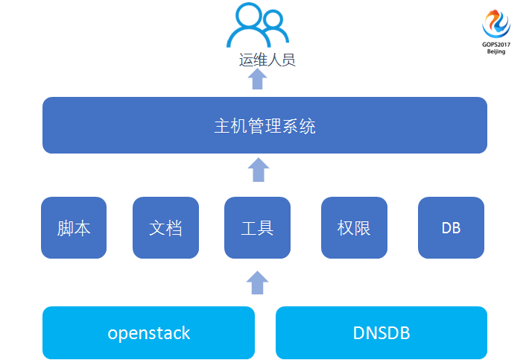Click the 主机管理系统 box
pos(265,125)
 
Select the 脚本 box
pos(74,227)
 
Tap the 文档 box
pos(165,227)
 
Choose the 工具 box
pos(257,227)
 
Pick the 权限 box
pos(354,227)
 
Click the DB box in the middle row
pos(451,227)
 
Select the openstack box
pos(148,332)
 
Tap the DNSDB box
pos(381,332)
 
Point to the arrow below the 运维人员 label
pos(258,79)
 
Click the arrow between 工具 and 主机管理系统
pos(258,170)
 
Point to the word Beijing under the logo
pos(496,51)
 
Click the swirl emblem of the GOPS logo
pos(496,22)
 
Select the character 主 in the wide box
pos(222,126)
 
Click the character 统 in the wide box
pos(308,126)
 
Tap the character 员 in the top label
pos(288,60)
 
